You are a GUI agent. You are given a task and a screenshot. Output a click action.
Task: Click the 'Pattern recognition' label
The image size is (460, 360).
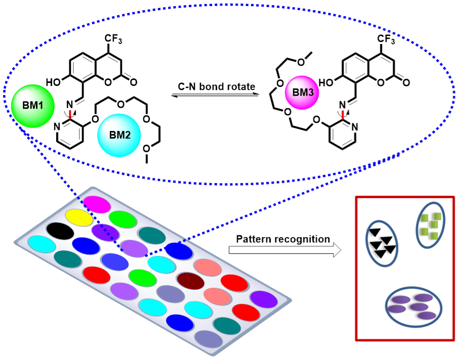pyautogui.click(x=283, y=238)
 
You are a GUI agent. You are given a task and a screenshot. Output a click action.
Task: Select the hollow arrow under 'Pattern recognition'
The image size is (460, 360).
pyautogui.click(x=283, y=251)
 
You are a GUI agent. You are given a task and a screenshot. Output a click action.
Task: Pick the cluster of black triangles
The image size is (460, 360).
pyautogui.click(x=382, y=242)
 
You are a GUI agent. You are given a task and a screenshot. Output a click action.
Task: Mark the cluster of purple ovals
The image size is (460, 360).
pyautogui.click(x=412, y=307)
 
